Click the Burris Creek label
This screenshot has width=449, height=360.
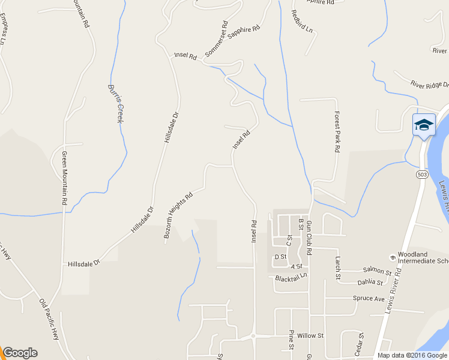(115, 103)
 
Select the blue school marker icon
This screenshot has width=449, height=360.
(424, 125)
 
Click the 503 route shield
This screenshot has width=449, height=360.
(423, 173)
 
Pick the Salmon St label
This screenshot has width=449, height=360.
(376, 272)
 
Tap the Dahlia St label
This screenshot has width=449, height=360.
(370, 282)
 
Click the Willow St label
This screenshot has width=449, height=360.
(310, 335)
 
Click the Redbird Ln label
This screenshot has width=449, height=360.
(302, 21)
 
